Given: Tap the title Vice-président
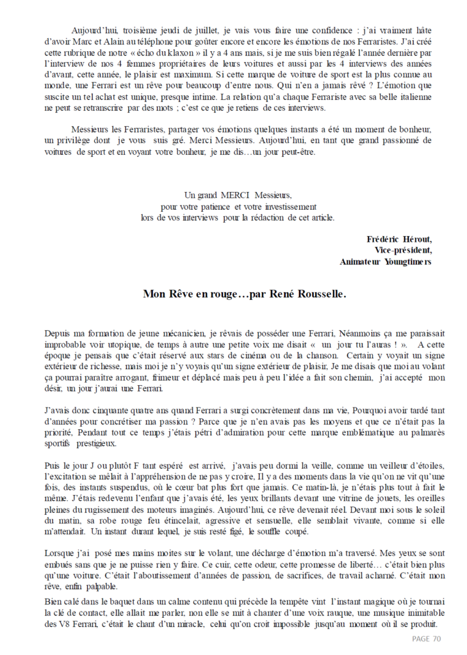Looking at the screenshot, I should tap(398, 249).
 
